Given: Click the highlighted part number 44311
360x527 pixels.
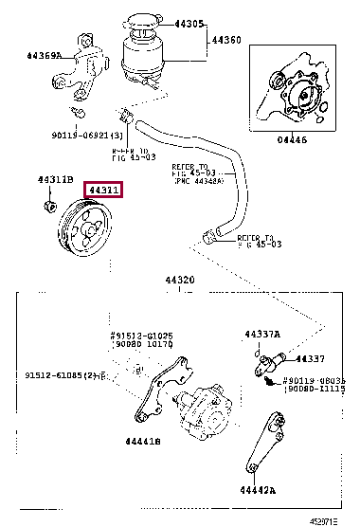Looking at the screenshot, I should (104, 191).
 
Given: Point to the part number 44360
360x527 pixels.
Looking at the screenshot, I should (225, 40).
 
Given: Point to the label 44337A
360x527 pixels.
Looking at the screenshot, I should (261, 334).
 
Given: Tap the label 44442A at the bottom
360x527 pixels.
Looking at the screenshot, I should (256, 490).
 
